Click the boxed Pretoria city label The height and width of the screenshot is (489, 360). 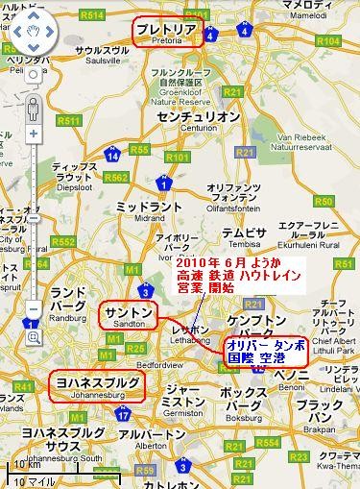pyautogui.click(x=168, y=32)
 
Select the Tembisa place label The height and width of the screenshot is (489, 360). pyautogui.click(x=244, y=234)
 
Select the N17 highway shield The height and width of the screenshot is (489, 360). pyautogui.click(x=123, y=414)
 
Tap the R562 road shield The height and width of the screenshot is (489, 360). pyautogui.click(x=116, y=177)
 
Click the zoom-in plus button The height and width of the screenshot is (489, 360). pyautogui.click(x=33, y=134)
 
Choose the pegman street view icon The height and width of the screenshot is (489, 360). pyautogui.click(x=33, y=107)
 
